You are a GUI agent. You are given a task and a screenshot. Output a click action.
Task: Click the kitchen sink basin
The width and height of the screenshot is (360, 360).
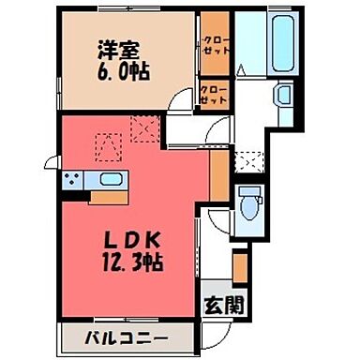[110, 180]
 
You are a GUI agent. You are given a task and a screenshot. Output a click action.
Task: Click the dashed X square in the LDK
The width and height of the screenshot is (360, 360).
[144, 126]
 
